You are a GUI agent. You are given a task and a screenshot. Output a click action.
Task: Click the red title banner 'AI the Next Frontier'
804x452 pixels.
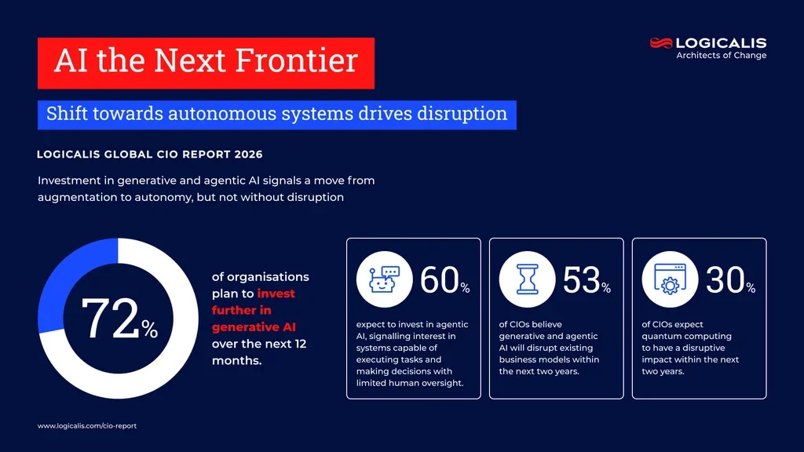point(206,63)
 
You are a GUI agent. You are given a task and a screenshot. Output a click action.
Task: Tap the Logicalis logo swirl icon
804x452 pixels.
point(661,43)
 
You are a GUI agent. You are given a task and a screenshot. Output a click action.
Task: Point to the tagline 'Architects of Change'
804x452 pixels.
point(721,56)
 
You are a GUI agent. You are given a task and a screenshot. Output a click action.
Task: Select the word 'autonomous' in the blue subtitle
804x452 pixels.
point(246,114)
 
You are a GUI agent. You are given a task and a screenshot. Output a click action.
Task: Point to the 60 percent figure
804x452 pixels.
point(441,281)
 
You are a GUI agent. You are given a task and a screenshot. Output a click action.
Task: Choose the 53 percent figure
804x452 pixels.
point(583,281)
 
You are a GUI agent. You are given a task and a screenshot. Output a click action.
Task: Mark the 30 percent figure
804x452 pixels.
point(726,281)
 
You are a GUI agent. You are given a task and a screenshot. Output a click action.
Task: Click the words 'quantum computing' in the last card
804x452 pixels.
point(678,336)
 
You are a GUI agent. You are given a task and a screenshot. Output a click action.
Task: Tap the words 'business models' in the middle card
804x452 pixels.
point(535,359)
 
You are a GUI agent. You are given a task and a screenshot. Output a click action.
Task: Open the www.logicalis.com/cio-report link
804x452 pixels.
point(87,425)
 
